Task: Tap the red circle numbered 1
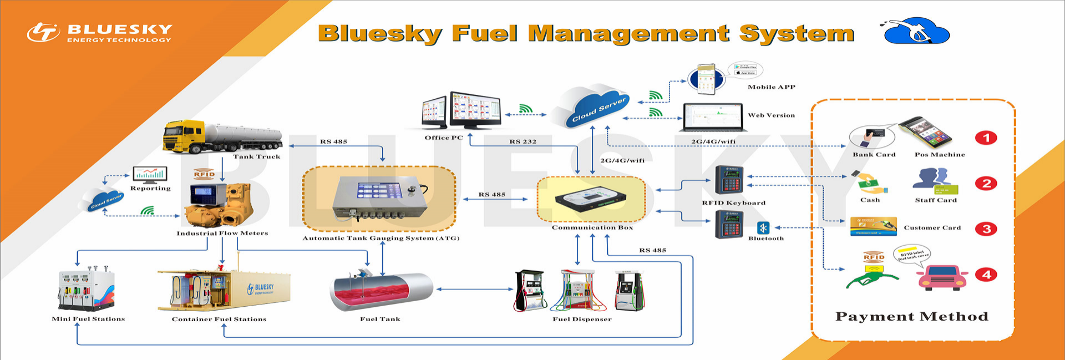[x=986, y=138]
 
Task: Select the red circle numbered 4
[x=986, y=275]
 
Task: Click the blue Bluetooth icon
[x=763, y=227]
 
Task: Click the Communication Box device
[x=591, y=200]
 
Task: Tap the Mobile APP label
[x=771, y=87]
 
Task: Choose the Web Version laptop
[x=713, y=116]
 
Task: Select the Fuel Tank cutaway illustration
[x=381, y=291]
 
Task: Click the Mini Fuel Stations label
[x=88, y=319]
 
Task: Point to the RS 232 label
[x=523, y=142]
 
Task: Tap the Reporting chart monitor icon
[x=150, y=175]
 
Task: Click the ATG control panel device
[x=380, y=198]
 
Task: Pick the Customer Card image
[x=873, y=226]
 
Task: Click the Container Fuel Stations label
[x=219, y=320]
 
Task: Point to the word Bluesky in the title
[x=380, y=33]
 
